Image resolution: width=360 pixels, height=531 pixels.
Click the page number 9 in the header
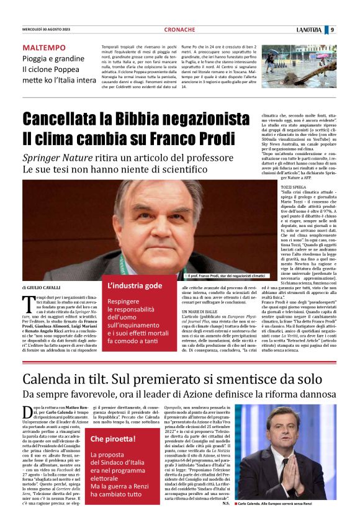tap(332, 29)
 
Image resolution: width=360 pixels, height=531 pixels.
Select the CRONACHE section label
tap(179, 30)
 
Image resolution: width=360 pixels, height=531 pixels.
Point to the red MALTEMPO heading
tap(44, 48)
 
